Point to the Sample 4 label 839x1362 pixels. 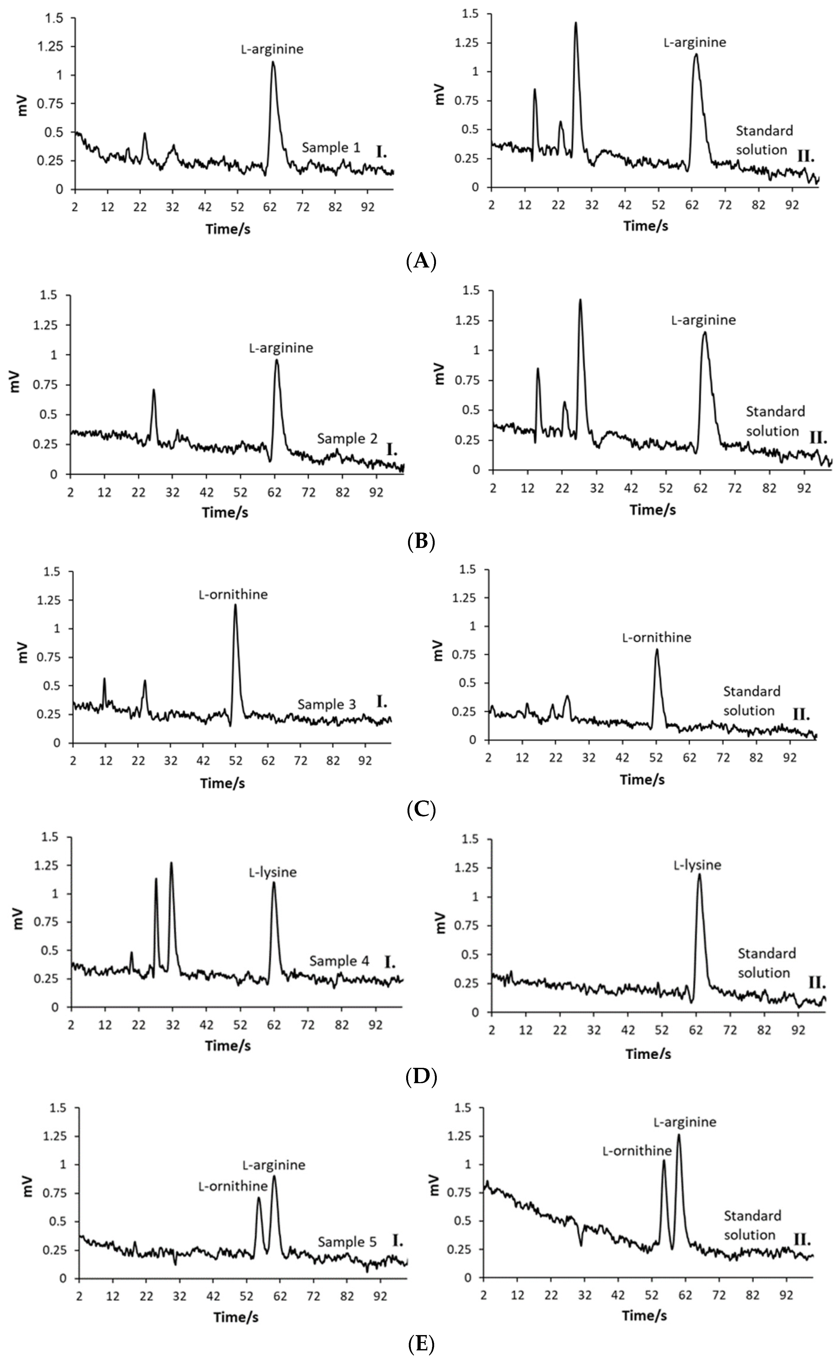(339, 961)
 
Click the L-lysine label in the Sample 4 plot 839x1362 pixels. (272, 872)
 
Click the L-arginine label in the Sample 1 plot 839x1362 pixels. (272, 49)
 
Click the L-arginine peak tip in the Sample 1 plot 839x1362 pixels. (272, 62)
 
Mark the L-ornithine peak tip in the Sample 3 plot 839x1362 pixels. (235, 605)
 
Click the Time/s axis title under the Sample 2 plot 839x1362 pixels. (225, 512)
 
